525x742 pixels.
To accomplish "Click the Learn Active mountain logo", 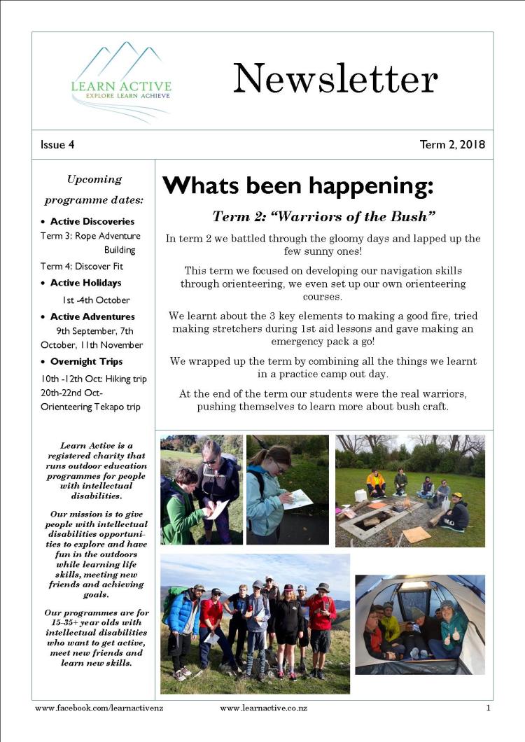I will coord(121,81).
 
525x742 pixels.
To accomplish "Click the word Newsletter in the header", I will coord(335,78).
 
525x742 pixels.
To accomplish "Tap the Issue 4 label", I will coord(57,145).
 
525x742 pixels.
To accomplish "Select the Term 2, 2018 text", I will coord(451,145).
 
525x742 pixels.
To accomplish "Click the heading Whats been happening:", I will coord(298,185).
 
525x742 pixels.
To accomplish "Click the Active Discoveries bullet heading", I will coord(93,222).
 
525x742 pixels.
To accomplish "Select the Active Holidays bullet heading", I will coord(85,283).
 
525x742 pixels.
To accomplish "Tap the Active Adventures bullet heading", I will coord(92,316).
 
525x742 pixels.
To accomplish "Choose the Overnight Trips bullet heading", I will coord(86,361).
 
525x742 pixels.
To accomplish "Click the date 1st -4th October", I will coord(96,300).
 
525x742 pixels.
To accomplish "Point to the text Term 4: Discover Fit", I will coord(81,266).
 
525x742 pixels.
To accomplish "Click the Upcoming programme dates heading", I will coord(94,190).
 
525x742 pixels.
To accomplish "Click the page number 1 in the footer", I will coord(488,708).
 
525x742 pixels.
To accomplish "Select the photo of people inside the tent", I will coord(419,624).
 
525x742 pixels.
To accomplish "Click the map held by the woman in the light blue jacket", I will coord(297,498).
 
